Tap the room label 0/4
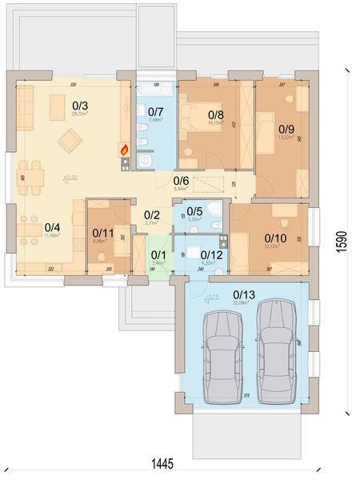tap(52, 226)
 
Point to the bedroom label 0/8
tap(215, 114)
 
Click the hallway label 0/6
tap(182, 181)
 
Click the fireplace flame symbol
tap(123, 148)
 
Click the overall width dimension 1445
tap(164, 463)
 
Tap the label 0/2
tap(151, 214)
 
